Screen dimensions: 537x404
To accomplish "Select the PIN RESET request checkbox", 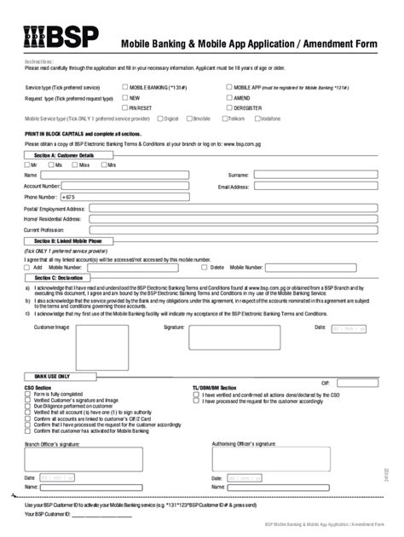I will click(126, 108).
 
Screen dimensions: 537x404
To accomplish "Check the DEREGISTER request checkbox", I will click(228, 108).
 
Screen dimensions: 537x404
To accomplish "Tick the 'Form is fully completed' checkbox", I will click(28, 395).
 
